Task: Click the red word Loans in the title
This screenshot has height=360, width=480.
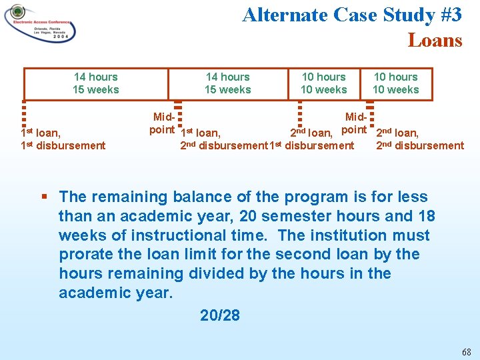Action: pos(435,41)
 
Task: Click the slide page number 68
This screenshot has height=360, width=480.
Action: pos(466,351)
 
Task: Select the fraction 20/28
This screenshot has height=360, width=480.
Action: pos(219,315)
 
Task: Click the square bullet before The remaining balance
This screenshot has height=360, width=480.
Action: pos(44,197)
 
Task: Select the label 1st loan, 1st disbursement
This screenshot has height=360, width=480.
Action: pos(63,139)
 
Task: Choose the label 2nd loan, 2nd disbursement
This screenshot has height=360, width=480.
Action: pos(419,139)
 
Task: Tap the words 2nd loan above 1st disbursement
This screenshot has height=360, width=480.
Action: pos(311,133)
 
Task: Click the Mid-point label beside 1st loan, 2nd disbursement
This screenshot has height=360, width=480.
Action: pos(162,123)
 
